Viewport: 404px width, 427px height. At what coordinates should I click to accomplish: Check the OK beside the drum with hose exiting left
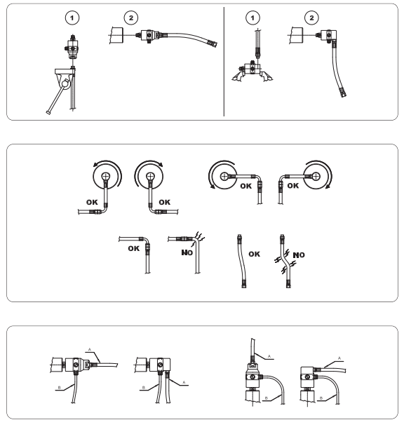click(291, 187)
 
